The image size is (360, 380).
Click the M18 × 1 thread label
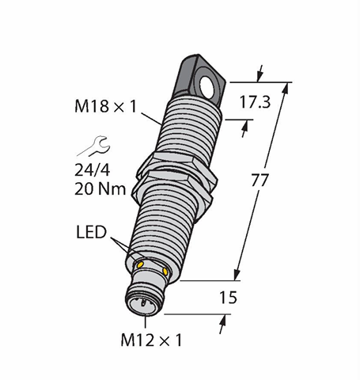(x=106, y=107)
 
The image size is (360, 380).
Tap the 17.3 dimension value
(x=255, y=102)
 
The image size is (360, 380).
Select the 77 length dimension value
(x=260, y=180)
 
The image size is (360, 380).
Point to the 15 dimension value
(x=229, y=298)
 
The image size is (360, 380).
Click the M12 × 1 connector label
(x=151, y=340)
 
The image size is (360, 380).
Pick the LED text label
(x=91, y=232)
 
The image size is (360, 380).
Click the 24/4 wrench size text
(x=93, y=170)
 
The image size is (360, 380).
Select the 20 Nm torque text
(x=100, y=189)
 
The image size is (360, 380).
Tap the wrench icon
(x=94, y=146)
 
